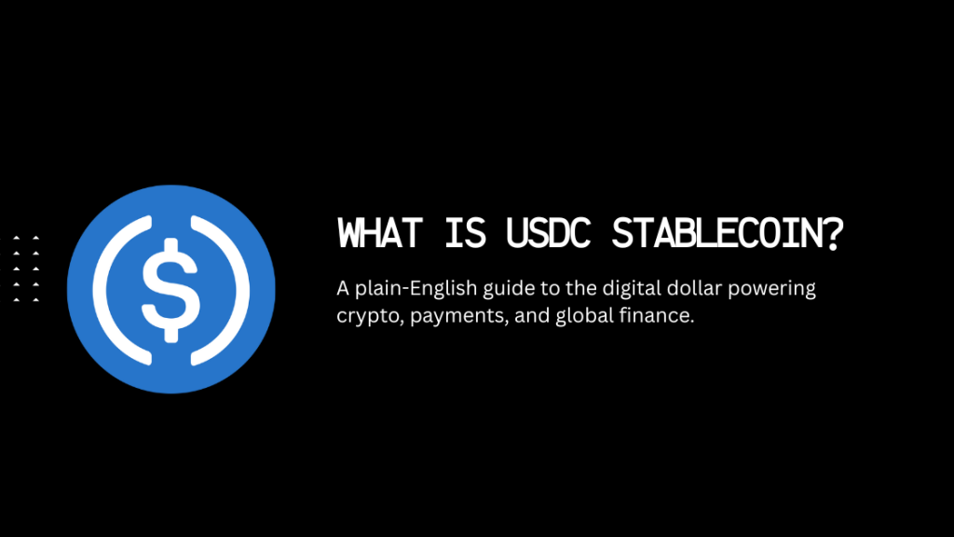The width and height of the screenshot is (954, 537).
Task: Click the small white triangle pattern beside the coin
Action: pos(26,269)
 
